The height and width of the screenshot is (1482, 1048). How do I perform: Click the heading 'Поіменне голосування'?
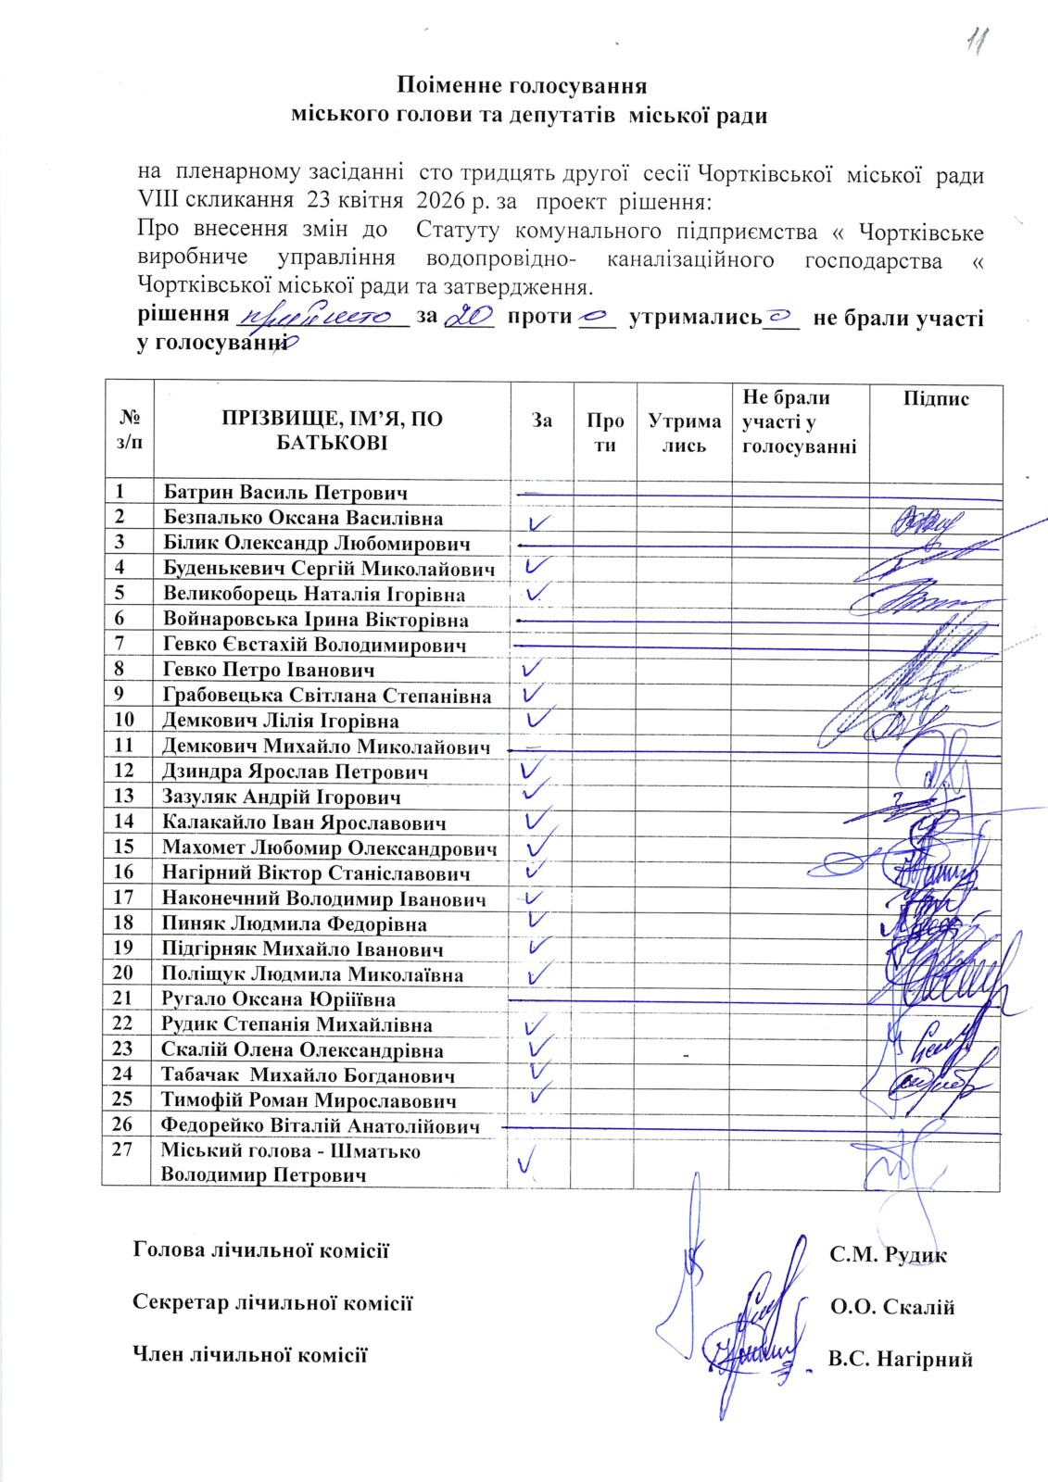pyautogui.click(x=522, y=86)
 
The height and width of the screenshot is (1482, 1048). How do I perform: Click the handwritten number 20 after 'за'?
pyautogui.click(x=469, y=317)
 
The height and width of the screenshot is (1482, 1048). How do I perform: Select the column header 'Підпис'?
pyautogui.click(x=935, y=399)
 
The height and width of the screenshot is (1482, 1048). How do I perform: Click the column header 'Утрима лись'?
pyautogui.click(x=684, y=433)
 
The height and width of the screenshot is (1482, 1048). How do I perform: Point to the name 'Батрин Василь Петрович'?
pyautogui.click(x=285, y=493)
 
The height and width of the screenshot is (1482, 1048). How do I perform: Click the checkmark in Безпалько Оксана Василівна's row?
pyautogui.click(x=539, y=522)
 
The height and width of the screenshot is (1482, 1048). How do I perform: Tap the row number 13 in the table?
pyautogui.click(x=124, y=796)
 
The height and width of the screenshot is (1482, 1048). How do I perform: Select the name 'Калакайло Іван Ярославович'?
pyautogui.click(x=304, y=822)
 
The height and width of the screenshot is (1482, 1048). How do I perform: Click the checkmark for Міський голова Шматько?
pyautogui.click(x=529, y=1159)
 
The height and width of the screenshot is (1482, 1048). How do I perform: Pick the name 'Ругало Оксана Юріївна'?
pyautogui.click(x=279, y=999)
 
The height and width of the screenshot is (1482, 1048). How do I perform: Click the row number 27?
pyautogui.click(x=124, y=1150)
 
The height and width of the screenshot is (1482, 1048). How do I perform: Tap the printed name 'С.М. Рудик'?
pyautogui.click(x=888, y=1255)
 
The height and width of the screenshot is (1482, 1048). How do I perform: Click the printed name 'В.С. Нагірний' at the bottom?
pyautogui.click(x=901, y=1359)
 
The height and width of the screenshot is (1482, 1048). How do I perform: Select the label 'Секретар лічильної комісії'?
pyautogui.click(x=272, y=1302)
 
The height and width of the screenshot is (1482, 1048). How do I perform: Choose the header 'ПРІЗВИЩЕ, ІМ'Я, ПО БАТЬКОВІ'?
pyautogui.click(x=332, y=431)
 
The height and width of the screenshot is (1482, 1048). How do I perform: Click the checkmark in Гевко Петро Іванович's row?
pyautogui.click(x=533, y=669)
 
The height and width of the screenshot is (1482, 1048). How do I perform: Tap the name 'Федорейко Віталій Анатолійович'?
pyautogui.click(x=321, y=1126)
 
